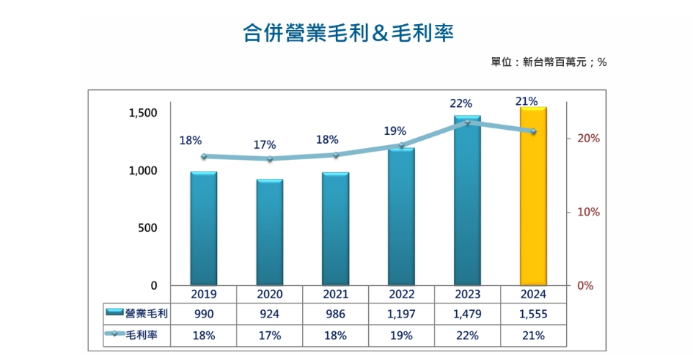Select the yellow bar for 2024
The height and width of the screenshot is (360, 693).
[x=533, y=196]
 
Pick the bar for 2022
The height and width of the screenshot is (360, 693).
[x=401, y=216]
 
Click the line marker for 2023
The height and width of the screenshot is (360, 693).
[x=467, y=122]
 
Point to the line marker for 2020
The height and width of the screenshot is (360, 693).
[x=269, y=159]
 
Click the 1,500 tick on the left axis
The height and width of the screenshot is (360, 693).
[x=142, y=113]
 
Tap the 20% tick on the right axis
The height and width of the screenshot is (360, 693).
[x=589, y=139]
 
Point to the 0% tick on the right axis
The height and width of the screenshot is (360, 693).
[x=585, y=286]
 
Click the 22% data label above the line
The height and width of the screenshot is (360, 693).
[x=461, y=104]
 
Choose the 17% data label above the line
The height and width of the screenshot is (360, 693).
[x=264, y=144]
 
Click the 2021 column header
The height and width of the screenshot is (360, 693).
[x=335, y=294]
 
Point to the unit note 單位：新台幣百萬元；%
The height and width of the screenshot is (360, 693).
[x=549, y=62]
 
